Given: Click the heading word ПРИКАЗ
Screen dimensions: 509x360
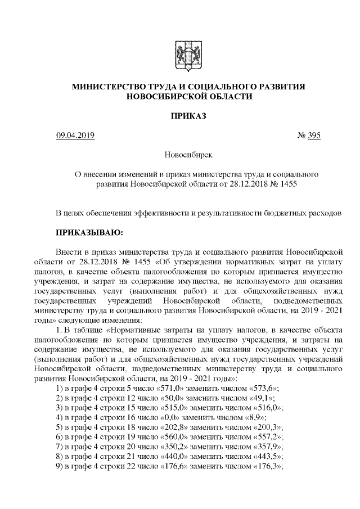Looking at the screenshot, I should point(188,116).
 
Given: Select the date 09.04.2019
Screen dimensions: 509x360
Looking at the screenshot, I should point(75,135).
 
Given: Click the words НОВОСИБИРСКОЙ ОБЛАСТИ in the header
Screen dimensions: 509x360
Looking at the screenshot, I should point(188,96).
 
